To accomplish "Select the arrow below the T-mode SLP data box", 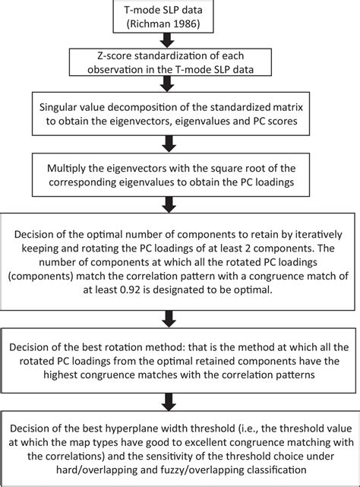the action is pos(167,40).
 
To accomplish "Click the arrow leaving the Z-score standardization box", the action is pos(167,84).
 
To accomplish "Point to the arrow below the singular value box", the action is pos(169,144).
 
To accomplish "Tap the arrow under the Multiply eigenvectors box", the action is pos(169,204).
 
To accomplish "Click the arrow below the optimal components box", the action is pos(169,318).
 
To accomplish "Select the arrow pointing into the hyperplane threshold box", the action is pos(169,402).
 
